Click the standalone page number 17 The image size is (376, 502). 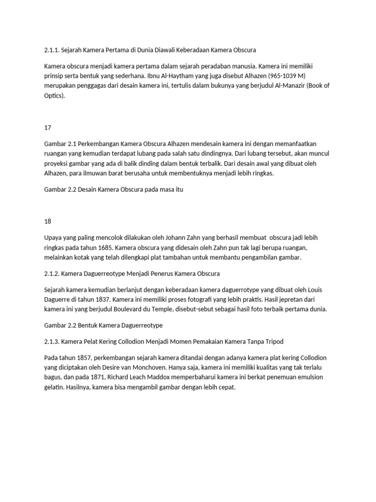[x=47, y=127]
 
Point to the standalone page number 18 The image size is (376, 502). [x=47, y=221]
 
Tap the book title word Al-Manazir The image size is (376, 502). [x=296, y=86]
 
